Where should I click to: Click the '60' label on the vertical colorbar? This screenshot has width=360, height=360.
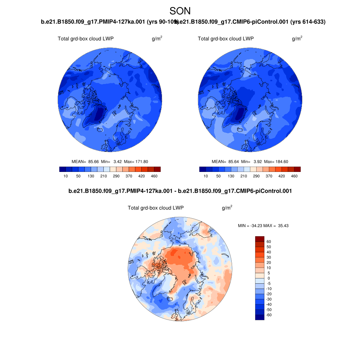269,242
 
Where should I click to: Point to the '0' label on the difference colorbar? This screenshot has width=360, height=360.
269,278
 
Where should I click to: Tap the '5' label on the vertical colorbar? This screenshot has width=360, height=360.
269,273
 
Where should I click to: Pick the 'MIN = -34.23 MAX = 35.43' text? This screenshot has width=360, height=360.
263,225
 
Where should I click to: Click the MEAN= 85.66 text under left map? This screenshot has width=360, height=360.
83,162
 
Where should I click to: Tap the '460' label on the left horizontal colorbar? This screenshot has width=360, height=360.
154,176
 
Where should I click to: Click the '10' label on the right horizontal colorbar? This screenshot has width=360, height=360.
206,176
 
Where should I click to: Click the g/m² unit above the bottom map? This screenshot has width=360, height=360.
227,208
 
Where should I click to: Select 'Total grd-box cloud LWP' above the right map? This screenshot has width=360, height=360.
226,39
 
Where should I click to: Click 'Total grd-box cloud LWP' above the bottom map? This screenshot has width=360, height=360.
156,208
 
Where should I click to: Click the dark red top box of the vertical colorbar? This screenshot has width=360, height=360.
259,239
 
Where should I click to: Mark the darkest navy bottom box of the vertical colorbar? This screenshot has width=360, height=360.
259,317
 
